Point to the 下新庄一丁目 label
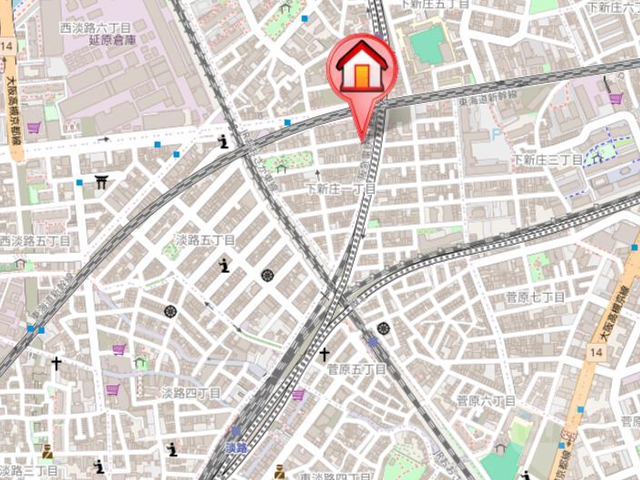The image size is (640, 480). (340, 189)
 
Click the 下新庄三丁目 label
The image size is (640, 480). (547, 160)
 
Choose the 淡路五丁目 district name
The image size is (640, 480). (205, 240)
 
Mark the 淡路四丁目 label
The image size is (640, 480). (191, 393)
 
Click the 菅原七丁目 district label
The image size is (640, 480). (535, 297)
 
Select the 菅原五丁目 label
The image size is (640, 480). (357, 369)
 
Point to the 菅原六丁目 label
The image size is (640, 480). (485, 400)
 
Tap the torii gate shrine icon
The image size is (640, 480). (101, 183)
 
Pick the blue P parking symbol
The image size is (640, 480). (495, 135)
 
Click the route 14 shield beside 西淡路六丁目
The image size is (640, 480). (7, 45)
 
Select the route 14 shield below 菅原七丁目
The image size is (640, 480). (596, 350)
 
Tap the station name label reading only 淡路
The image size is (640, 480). (235, 448)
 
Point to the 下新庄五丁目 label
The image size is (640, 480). (435, 5)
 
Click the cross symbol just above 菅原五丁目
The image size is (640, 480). (324, 354)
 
